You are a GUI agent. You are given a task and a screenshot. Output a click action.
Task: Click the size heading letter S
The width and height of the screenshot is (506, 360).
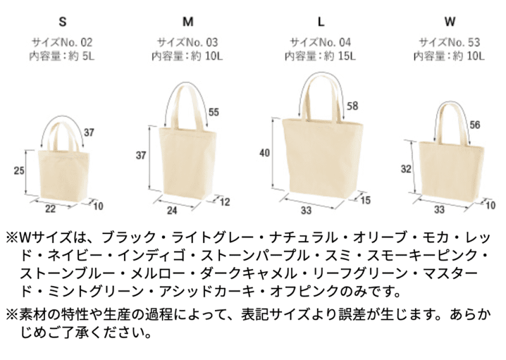pos(63,22)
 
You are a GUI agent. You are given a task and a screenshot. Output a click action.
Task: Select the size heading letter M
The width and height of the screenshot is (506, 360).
pos(188,22)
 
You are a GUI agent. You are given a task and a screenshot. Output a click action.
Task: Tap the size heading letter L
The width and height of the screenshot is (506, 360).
pos(321,22)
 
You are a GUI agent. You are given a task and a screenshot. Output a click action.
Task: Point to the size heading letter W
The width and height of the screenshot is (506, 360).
pos(450,22)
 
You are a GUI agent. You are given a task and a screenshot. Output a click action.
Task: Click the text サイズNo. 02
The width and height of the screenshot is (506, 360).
pos(62,42)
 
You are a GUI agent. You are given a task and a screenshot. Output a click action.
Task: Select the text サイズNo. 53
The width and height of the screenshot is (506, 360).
pos(449,42)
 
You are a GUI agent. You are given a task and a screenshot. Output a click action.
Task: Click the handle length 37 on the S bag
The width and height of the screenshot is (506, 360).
pos(89,132)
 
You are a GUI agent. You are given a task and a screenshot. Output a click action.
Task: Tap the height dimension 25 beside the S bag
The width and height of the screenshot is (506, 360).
pos(19,170)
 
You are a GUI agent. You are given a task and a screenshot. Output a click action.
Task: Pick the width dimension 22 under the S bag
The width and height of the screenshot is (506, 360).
pos(50,209)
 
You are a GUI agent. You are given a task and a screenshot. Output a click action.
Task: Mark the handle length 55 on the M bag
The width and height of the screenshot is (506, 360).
pos(214,112)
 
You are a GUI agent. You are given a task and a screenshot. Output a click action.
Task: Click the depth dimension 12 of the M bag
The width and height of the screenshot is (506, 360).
pos(225,202)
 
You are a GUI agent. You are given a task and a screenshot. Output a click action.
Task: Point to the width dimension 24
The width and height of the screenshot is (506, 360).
pos(172,211)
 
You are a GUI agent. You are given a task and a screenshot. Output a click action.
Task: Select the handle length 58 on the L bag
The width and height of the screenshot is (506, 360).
pos(352,106)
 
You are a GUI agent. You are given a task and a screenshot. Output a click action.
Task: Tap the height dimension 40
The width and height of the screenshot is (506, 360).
pos(264,152)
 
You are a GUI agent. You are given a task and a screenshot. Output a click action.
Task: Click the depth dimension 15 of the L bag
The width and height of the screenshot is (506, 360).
pos(365,200)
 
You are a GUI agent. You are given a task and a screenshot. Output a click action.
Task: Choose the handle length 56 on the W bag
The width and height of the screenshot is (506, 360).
pos(475,125)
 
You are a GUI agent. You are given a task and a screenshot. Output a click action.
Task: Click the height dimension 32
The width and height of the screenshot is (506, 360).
pos(406,168)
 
